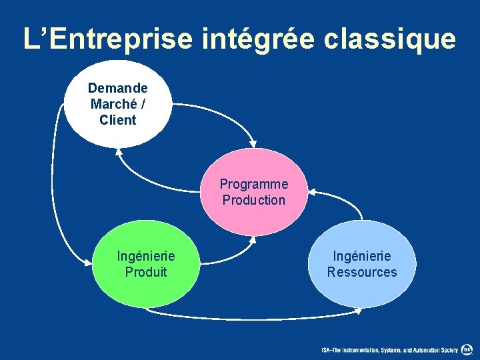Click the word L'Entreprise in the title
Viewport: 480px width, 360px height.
tap(100, 39)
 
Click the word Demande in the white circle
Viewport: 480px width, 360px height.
tap(118, 88)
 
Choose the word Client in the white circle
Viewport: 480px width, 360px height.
tap(117, 120)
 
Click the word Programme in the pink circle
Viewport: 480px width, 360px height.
tap(254, 184)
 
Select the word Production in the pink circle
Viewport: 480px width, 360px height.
tap(254, 200)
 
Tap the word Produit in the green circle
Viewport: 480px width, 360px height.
tap(146, 272)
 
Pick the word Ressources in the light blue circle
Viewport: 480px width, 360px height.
tap(362, 272)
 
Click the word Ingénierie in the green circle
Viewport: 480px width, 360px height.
tap(146, 256)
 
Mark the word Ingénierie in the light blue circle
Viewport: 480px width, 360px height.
tap(362, 256)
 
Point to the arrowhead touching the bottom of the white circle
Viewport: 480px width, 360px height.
tap(119, 151)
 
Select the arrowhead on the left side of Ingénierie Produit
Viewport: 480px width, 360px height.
tap(88, 264)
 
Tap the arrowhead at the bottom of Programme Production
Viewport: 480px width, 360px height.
tap(253, 239)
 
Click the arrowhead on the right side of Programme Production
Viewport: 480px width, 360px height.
tap(313, 193)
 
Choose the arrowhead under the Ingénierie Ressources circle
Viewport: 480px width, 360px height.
tap(359, 309)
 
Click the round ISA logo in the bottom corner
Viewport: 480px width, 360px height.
tap(467, 349)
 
